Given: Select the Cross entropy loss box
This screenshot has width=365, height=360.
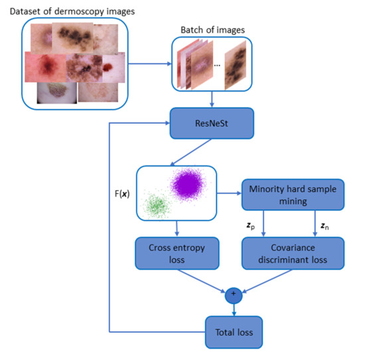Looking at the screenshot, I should click(x=179, y=255).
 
